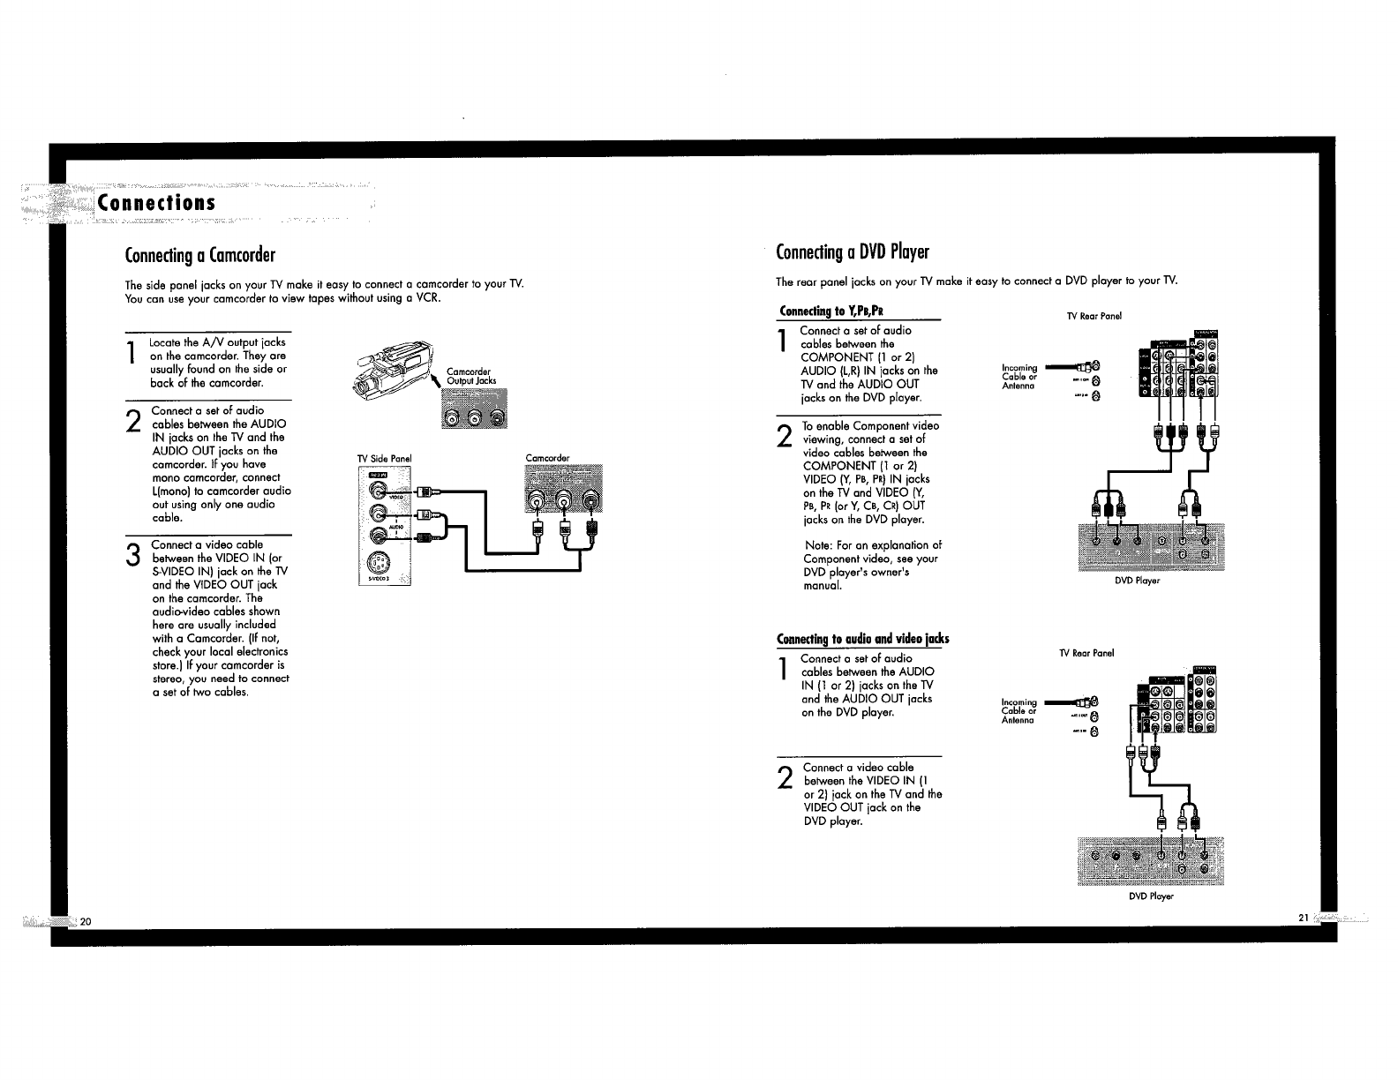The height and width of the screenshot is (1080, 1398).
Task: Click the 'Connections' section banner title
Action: pyautogui.click(x=158, y=202)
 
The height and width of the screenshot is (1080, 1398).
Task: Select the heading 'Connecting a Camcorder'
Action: pyautogui.click(x=200, y=256)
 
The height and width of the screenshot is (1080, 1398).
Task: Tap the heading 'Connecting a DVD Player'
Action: pyautogui.click(x=852, y=252)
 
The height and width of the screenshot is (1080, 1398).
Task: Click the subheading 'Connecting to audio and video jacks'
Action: pyautogui.click(x=862, y=639)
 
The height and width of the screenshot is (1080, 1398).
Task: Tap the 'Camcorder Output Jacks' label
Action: pyautogui.click(x=471, y=376)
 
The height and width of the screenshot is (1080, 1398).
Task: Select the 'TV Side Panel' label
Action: pyautogui.click(x=384, y=459)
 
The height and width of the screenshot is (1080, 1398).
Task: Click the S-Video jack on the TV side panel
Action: pyautogui.click(x=377, y=562)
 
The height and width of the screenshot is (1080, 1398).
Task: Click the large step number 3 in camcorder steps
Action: pyautogui.click(x=133, y=557)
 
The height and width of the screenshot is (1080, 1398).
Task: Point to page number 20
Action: pyautogui.click(x=86, y=921)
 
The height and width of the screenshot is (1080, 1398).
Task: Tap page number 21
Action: pyautogui.click(x=1303, y=918)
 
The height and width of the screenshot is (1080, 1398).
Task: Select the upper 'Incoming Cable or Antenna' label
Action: pyautogui.click(x=1019, y=377)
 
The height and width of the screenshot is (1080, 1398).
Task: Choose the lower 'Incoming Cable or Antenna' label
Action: pyautogui.click(x=1018, y=711)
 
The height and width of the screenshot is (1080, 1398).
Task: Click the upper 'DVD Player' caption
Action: pyautogui.click(x=1137, y=581)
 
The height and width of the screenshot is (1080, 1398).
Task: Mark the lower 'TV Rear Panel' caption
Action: pyautogui.click(x=1086, y=653)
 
